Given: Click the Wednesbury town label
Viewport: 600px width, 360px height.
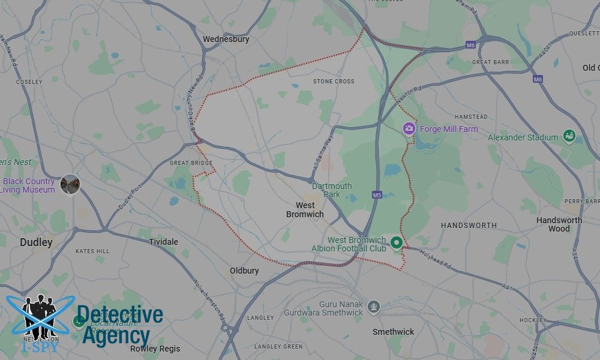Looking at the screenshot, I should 226,40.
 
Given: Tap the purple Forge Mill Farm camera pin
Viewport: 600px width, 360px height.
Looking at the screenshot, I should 409,128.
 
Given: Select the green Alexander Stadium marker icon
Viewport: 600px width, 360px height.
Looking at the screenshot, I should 569,137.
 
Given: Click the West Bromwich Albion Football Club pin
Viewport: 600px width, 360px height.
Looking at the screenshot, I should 396,242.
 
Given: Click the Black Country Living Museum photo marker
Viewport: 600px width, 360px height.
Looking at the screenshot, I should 70,184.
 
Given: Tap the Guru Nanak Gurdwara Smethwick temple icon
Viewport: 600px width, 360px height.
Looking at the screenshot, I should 374,306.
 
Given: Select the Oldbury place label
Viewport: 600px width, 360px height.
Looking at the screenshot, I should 244,271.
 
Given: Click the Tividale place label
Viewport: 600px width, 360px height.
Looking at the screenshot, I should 163,242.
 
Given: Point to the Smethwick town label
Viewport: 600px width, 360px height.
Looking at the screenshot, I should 393,332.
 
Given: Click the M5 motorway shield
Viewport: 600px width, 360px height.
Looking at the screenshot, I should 377,195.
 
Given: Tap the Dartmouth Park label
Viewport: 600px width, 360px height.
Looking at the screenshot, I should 332,190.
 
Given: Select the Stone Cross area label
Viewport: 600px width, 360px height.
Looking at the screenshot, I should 334,81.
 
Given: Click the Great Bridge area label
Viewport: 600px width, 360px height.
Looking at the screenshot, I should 191,163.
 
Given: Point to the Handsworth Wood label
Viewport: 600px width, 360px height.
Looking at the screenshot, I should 559,224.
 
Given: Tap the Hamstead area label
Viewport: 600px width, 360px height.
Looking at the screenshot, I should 471,116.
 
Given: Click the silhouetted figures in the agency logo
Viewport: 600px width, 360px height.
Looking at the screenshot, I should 40,315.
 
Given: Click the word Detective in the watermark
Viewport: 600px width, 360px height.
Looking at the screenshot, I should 120,315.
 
